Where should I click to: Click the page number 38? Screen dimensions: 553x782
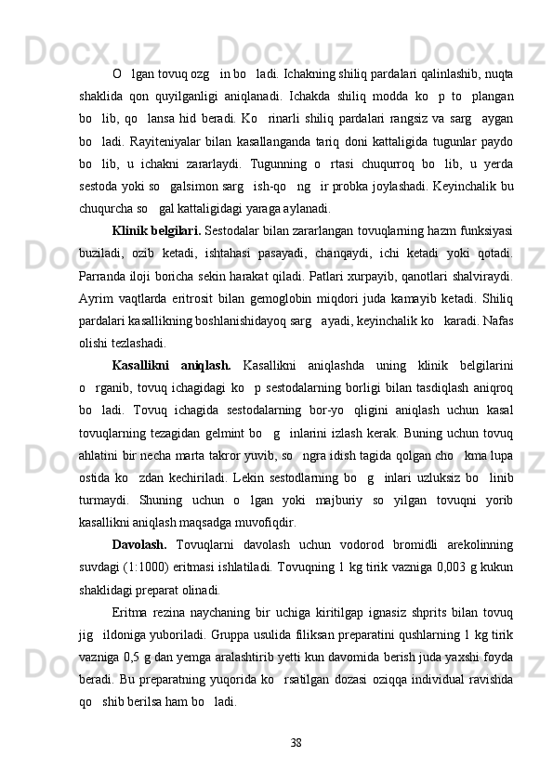pos(296,743)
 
